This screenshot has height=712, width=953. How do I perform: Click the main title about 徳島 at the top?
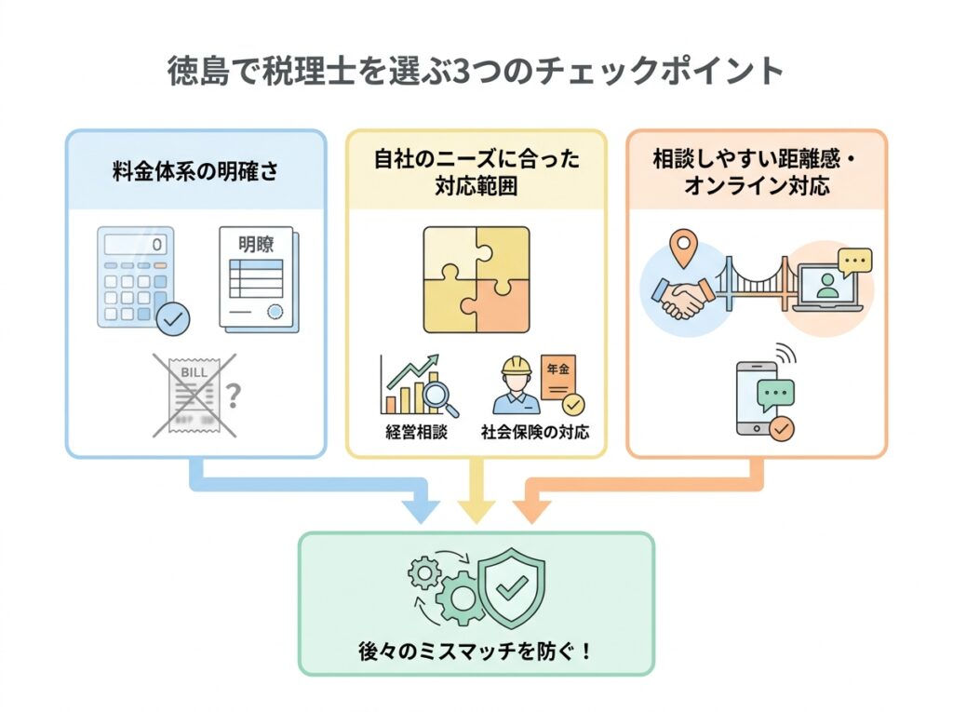(476, 72)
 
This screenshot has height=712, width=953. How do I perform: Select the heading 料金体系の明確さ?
(195, 171)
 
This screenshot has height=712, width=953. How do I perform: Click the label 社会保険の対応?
(534, 433)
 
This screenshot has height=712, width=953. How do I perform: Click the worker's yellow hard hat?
(516, 364)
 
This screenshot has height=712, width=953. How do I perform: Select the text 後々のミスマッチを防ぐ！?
(476, 649)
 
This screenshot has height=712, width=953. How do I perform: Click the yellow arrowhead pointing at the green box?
(476, 509)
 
